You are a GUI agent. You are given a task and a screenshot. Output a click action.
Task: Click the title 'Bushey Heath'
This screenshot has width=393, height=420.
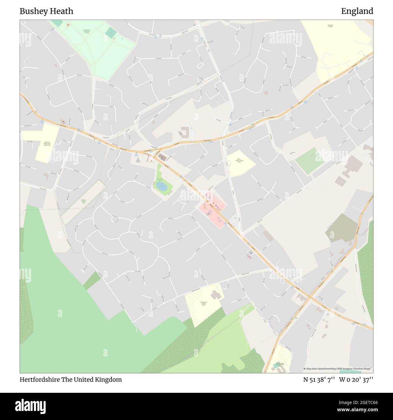(x=46, y=11)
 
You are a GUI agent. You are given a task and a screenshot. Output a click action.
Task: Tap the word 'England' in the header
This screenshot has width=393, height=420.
(x=357, y=11)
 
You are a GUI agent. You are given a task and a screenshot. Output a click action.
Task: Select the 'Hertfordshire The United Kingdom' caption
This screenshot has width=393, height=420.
(x=71, y=380)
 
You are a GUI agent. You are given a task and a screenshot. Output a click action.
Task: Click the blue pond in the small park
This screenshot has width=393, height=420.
(x=161, y=186)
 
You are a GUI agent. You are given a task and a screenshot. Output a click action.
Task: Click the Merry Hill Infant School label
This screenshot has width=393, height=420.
(x=47, y=144)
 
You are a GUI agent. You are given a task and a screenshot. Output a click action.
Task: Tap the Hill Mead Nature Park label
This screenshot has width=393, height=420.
(x=83, y=201)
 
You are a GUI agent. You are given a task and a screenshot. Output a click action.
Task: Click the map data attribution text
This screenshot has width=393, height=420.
(x=338, y=369)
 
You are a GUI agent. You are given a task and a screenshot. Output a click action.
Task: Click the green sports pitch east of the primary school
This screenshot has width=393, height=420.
(x=309, y=161)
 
